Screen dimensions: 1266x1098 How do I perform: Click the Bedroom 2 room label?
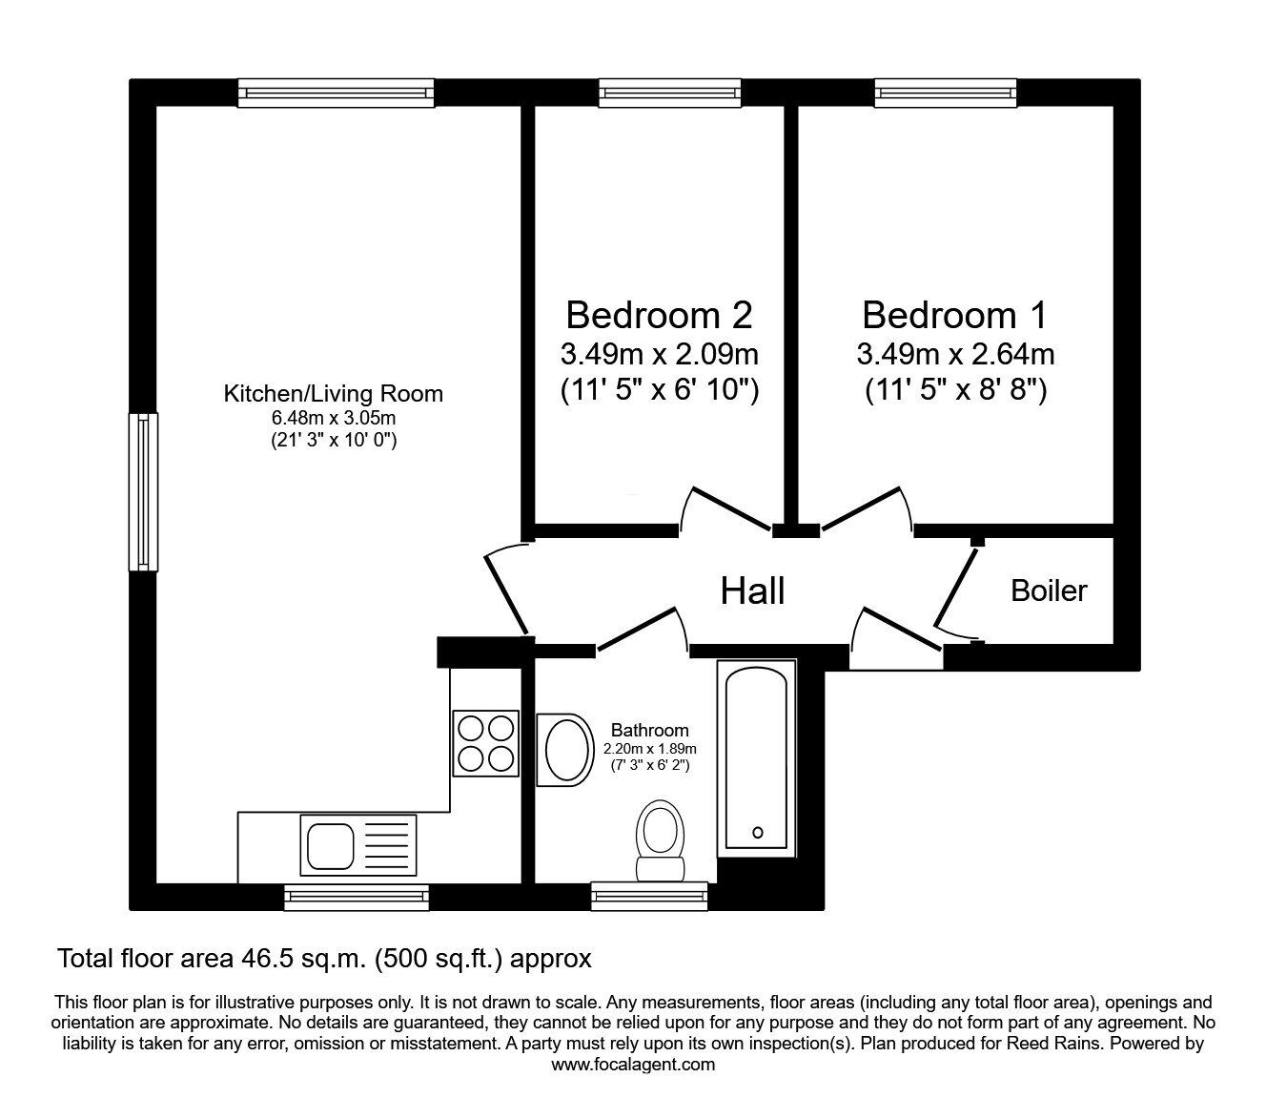(x=659, y=315)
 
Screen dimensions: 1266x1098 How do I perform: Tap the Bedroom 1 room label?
(x=955, y=315)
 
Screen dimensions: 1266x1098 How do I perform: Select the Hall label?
(x=752, y=591)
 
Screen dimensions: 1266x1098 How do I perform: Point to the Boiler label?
(x=1049, y=590)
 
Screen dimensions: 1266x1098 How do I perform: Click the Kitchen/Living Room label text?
(x=334, y=394)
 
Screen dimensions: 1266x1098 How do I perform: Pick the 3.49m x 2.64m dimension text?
(x=955, y=354)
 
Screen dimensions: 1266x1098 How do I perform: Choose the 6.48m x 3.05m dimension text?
(x=334, y=418)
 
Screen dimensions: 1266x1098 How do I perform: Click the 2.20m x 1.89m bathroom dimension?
(x=650, y=749)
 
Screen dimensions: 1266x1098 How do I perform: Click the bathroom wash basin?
(x=562, y=749)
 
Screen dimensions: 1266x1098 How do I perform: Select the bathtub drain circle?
(x=758, y=833)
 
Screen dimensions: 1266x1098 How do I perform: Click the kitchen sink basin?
(x=331, y=845)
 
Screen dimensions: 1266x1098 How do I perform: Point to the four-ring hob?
(x=485, y=743)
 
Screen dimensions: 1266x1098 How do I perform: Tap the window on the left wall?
(x=143, y=492)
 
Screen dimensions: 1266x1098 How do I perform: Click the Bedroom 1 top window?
(x=946, y=93)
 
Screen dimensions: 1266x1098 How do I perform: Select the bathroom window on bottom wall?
(x=649, y=896)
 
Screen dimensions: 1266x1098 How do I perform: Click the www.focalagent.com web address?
(x=633, y=1065)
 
